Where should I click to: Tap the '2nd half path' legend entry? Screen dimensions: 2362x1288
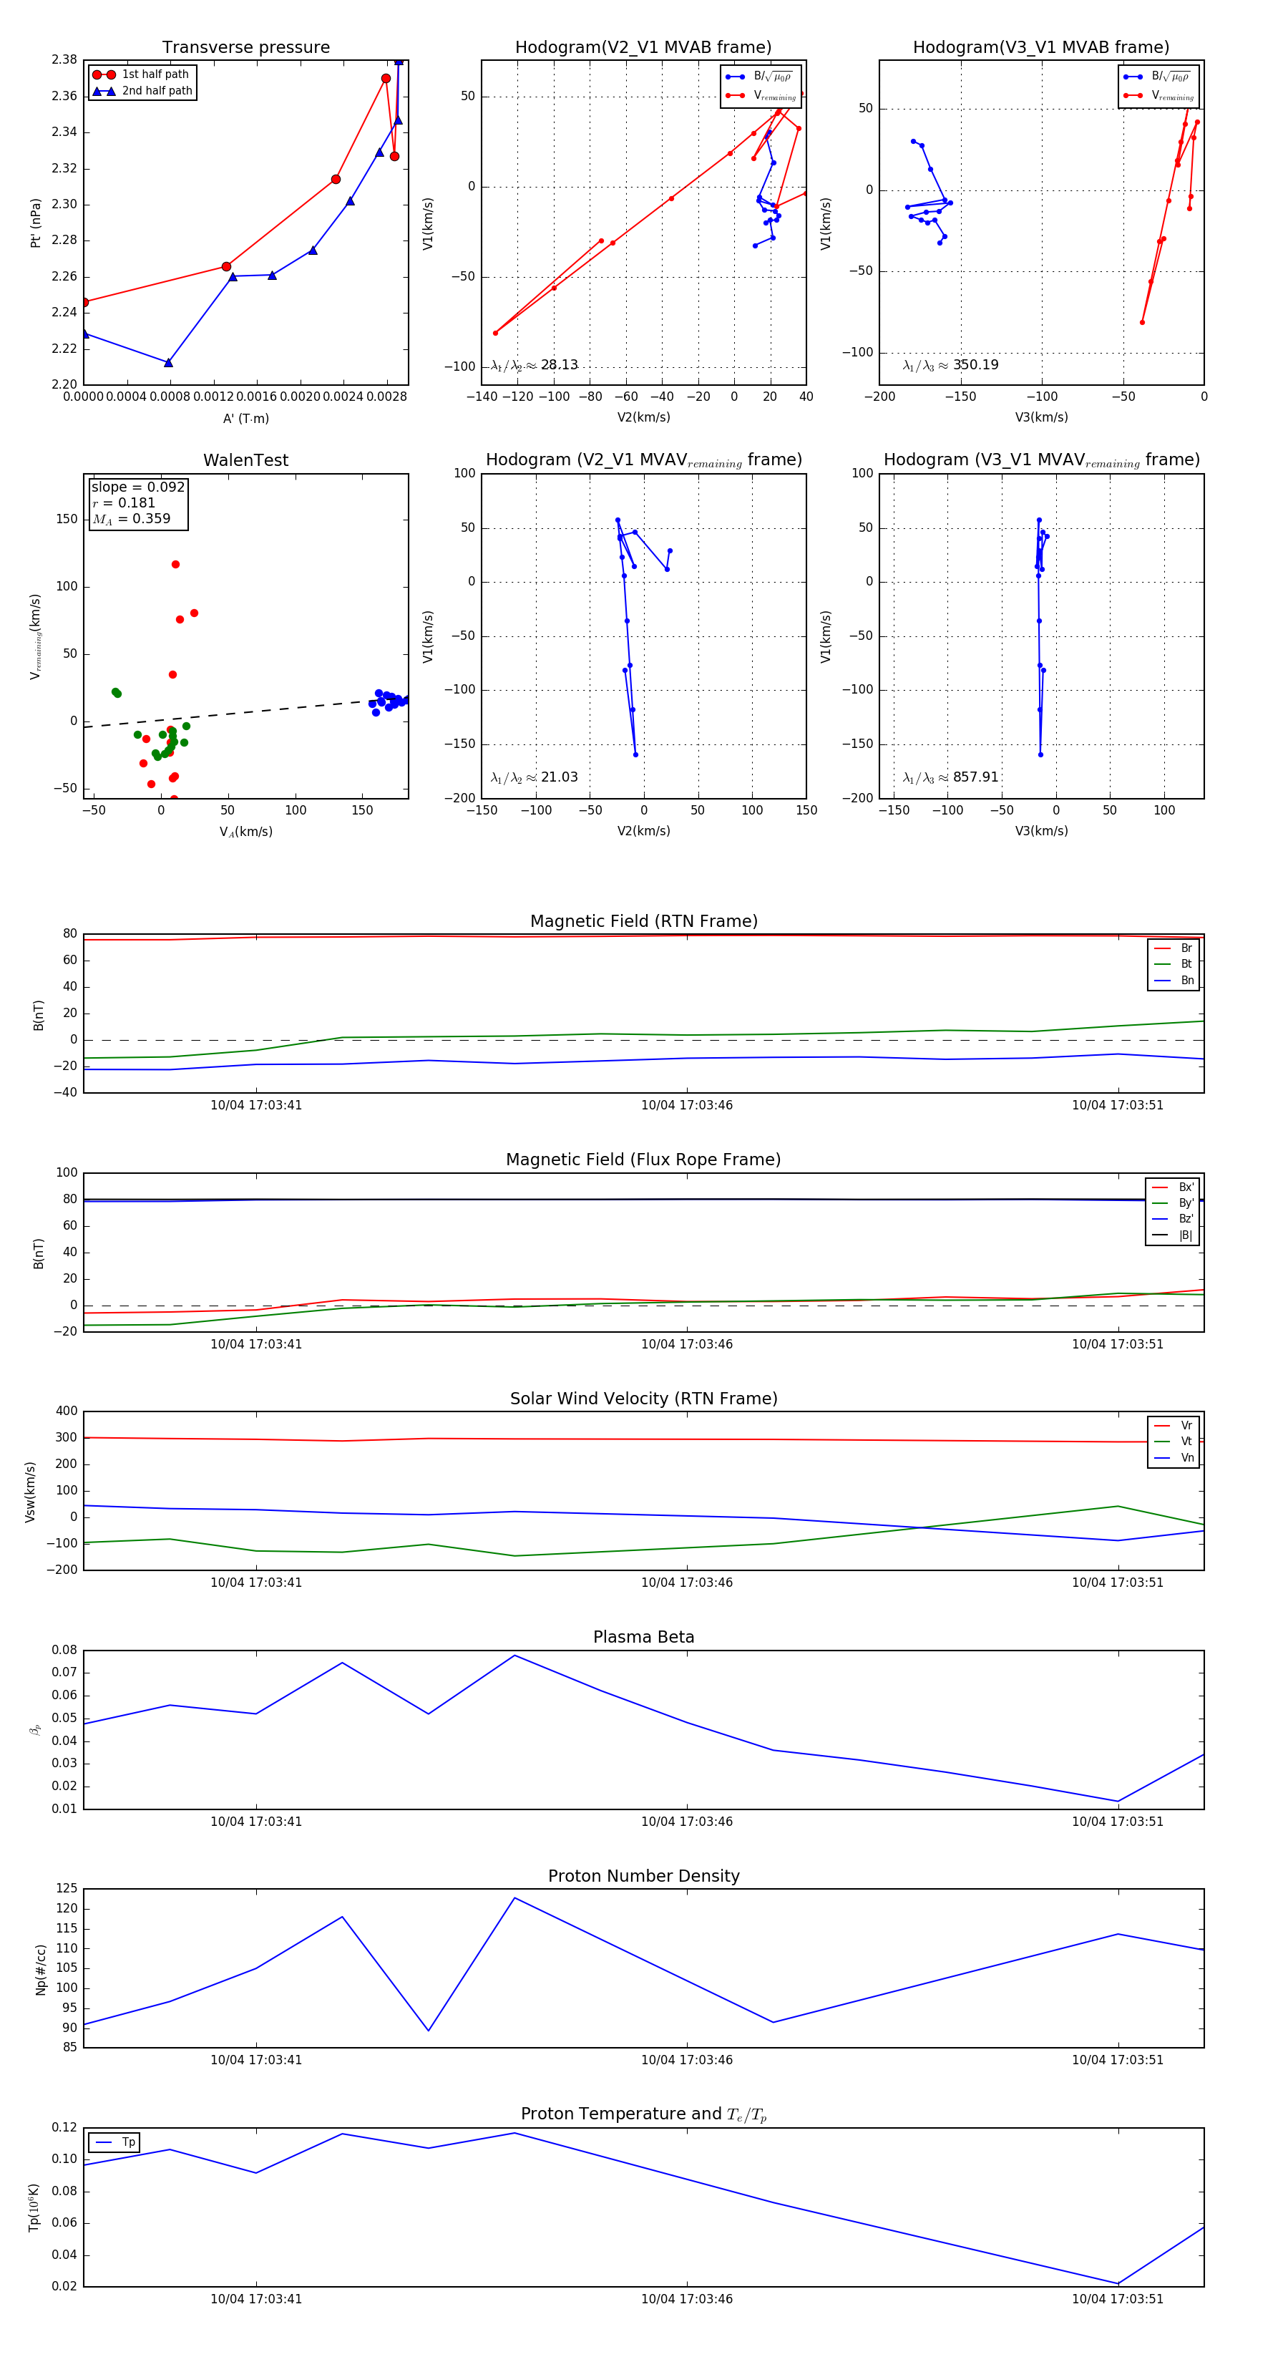pyautogui.click(x=157, y=91)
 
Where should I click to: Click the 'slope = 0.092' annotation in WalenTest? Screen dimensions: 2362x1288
pyautogui.click(x=137, y=487)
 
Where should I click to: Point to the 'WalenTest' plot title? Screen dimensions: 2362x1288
pyautogui.click(x=245, y=460)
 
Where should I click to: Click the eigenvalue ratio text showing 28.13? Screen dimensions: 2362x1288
pyautogui.click(x=535, y=365)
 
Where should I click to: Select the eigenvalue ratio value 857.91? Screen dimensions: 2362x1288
pyautogui.click(x=951, y=777)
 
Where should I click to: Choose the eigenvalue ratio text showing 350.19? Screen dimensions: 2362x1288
pyautogui.click(x=951, y=365)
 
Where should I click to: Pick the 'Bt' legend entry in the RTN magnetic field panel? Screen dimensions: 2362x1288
pyautogui.click(x=1186, y=963)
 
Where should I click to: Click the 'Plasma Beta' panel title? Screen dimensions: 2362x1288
pyautogui.click(x=643, y=1638)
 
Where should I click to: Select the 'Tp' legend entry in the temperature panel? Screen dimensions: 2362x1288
pyautogui.click(x=128, y=2142)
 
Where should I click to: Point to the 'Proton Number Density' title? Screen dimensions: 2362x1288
pyautogui.click(x=643, y=1876)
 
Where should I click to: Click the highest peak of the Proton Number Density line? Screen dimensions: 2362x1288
pyautogui.click(x=514, y=1898)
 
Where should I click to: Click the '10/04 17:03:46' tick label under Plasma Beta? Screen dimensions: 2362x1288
pyautogui.click(x=687, y=1821)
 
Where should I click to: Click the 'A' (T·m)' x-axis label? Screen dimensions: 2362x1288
pyautogui.click(x=245, y=418)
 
